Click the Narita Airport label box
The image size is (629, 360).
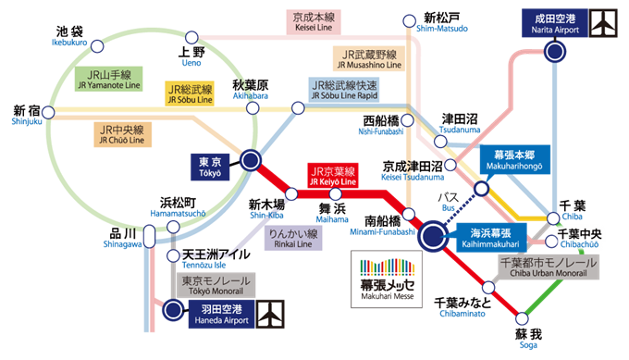click(554, 22)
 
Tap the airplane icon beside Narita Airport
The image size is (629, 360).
click(604, 22)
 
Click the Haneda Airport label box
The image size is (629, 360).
click(220, 312)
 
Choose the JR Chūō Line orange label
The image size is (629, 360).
click(123, 135)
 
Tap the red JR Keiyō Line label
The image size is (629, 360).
click(332, 176)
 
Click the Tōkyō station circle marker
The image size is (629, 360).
click(250, 161)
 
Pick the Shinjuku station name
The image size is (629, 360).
click(26, 120)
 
